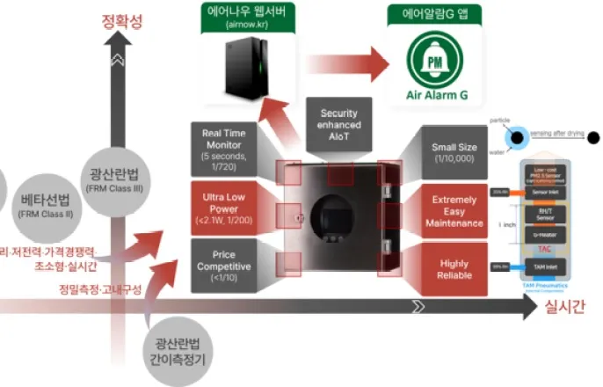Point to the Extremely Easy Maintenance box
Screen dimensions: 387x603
coord(454,212)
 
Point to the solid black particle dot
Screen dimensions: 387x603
coord(593,137)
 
